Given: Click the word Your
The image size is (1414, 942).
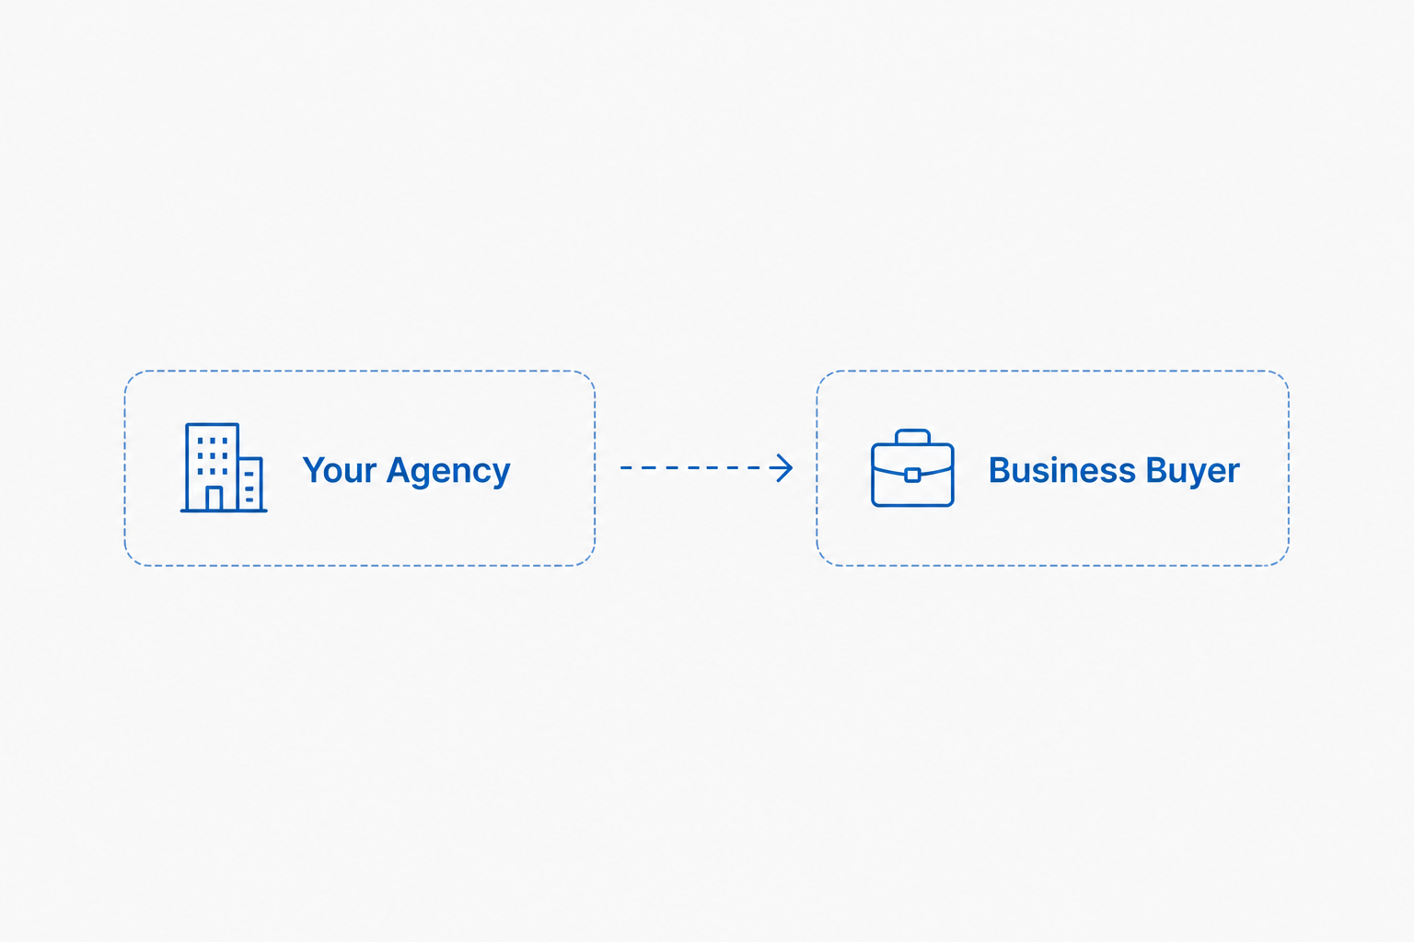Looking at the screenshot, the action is point(340,470).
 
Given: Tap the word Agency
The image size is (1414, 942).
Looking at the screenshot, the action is point(449,472).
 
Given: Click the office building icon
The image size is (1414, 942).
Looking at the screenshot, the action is point(224,467).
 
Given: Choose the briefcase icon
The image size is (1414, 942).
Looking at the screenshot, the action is point(912,468).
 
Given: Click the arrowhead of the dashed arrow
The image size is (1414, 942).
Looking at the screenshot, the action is point(782,468).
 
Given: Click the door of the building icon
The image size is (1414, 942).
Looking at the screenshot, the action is point(214,499).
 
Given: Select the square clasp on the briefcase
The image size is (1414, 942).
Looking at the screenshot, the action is point(912,475).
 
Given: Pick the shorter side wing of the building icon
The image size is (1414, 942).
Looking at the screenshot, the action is point(250,484).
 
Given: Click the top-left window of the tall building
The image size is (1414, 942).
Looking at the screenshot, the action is point(201,441).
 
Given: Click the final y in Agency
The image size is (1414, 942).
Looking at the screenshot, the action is point(501,477).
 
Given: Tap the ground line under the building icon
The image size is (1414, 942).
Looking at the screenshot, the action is point(224,511).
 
